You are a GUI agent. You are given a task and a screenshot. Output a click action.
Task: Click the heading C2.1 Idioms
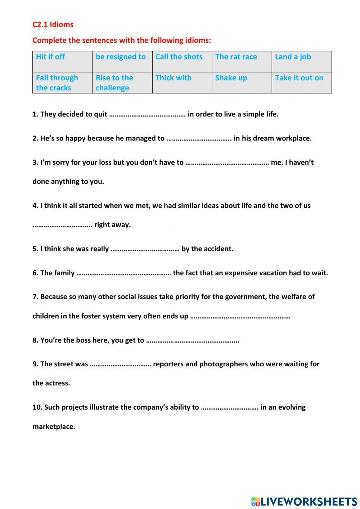pyautogui.click(x=53, y=24)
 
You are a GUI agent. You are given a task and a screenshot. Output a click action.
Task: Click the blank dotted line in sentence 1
pyautogui.click(x=147, y=115)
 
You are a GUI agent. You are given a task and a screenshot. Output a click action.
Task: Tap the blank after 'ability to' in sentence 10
pyautogui.click(x=230, y=408)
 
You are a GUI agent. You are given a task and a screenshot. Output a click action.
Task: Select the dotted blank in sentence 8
pyautogui.click(x=193, y=341)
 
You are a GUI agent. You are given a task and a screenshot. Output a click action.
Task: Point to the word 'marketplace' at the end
pyautogui.click(x=54, y=427)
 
